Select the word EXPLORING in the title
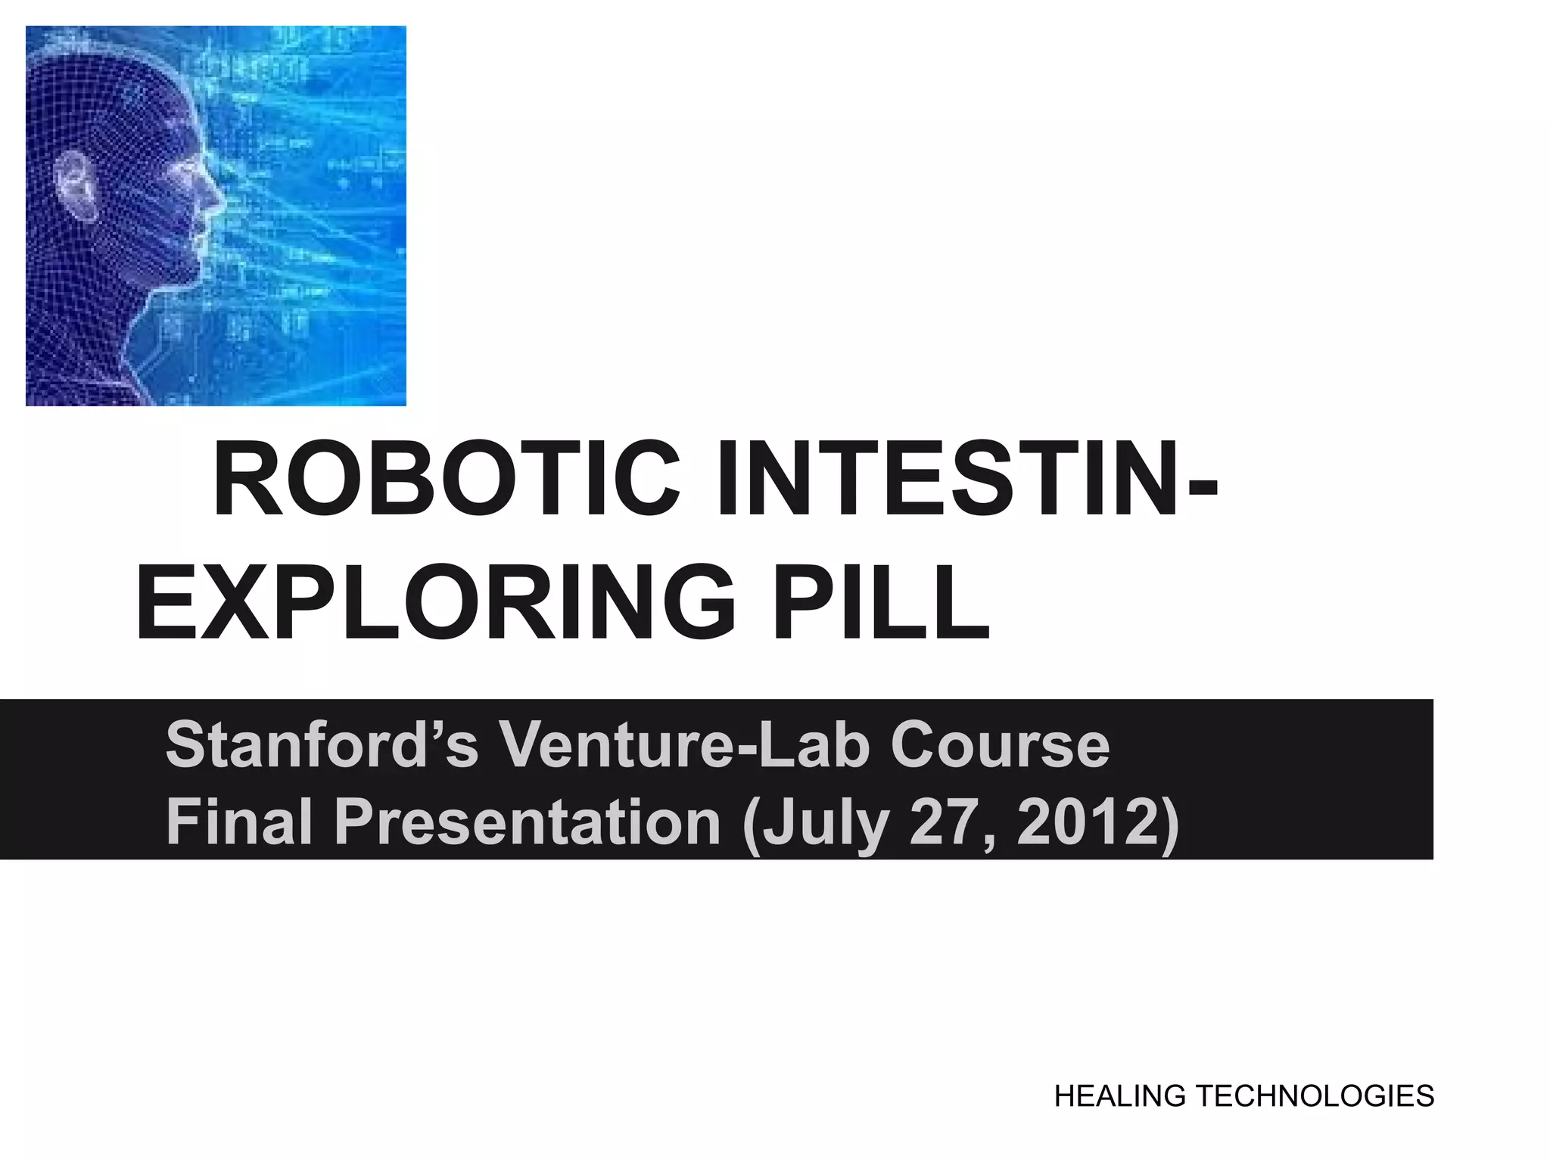(435, 603)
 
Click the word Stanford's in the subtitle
(322, 744)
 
